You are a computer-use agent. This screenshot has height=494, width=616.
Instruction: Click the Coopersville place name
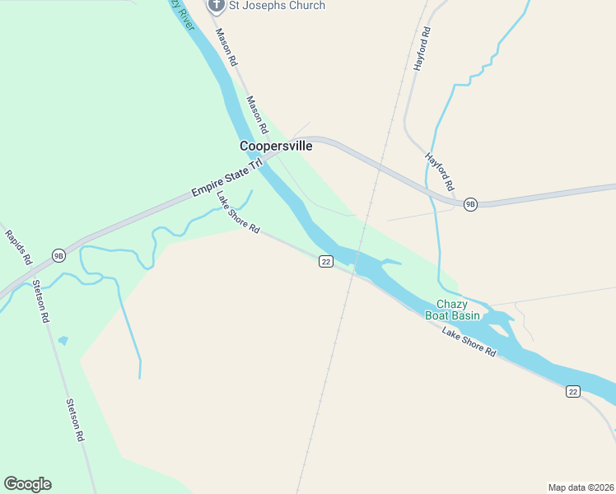(x=276, y=146)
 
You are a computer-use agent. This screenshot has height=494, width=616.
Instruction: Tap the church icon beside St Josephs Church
(x=217, y=6)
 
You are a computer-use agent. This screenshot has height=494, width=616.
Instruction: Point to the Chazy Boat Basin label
(x=452, y=310)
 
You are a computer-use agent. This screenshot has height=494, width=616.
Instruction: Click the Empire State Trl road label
(x=226, y=177)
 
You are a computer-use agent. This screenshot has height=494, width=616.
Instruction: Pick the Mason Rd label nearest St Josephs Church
(x=226, y=48)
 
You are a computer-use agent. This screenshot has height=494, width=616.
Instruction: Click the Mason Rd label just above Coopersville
(x=258, y=114)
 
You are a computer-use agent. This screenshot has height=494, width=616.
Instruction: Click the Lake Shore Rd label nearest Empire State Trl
(x=238, y=212)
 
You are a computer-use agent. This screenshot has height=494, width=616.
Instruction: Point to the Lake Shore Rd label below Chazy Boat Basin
(x=469, y=341)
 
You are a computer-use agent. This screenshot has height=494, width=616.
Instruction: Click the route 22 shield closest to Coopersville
(x=326, y=262)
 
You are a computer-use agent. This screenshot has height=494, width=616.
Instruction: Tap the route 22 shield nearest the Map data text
(x=573, y=391)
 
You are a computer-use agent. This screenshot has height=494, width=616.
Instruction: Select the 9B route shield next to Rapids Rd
(x=58, y=254)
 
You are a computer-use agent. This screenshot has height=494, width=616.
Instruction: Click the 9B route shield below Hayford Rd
(x=470, y=204)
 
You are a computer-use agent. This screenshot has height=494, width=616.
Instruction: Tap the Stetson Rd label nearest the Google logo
(x=76, y=420)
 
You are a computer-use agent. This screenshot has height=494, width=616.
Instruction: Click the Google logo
(x=27, y=484)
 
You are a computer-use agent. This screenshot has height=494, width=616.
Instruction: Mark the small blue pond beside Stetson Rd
(x=63, y=340)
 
